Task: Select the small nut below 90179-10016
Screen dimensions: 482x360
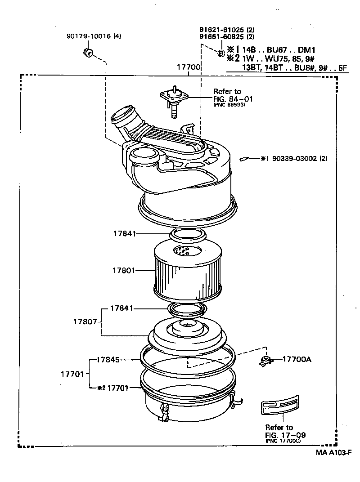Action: (x=88, y=53)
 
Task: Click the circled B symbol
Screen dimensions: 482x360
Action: (x=221, y=53)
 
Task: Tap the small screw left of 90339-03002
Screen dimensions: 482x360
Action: (x=246, y=159)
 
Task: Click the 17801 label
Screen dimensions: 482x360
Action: (x=124, y=271)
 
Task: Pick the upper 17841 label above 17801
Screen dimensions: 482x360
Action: (x=124, y=234)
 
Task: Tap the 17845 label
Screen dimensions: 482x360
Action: (x=108, y=360)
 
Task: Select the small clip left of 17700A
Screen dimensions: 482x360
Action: (x=266, y=360)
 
